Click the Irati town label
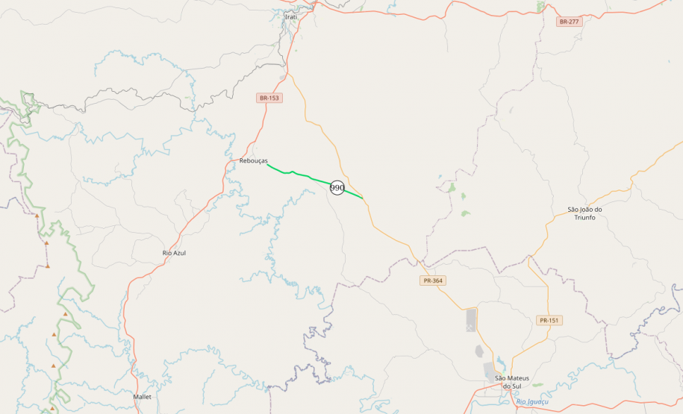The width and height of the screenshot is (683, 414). click(291, 16)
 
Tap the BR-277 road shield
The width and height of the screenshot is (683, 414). click(569, 22)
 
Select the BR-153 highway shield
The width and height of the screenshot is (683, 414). click(269, 98)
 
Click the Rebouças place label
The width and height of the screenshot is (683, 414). click(253, 160)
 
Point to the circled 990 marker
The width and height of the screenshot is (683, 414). click(337, 188)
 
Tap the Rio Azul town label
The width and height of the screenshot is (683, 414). click(174, 253)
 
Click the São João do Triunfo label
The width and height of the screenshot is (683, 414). click(584, 213)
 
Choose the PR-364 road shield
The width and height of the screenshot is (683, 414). click(432, 280)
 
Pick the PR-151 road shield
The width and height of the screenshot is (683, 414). click(549, 320)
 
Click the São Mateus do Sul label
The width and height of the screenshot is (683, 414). click(511, 382)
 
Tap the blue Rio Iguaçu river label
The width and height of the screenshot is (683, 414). click(532, 402)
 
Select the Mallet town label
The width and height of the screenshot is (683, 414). click(142, 396)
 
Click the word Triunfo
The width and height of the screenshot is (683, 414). click(584, 217)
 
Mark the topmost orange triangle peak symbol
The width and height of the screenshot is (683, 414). click(37, 216)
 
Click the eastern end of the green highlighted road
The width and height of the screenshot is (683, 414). click(363, 198)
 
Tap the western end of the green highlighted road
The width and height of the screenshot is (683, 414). click(267, 165)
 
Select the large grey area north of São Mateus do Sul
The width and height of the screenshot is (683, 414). click(471, 320)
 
